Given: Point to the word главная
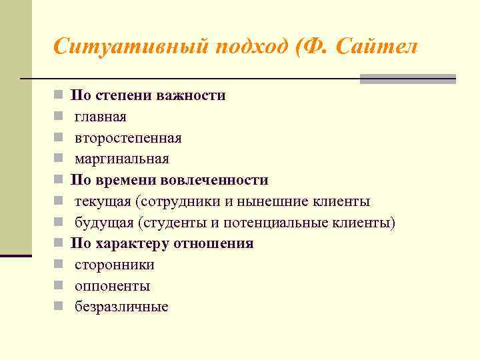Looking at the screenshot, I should pos(101,117).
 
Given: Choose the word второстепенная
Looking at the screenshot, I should pos(128,138).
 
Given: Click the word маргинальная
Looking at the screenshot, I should pos(122,159).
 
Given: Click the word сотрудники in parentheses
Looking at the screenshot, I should pos(173,201).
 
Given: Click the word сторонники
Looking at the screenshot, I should pos(115,265).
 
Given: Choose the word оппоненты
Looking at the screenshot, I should pos(112,286).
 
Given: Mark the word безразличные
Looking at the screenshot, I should pos(121,307).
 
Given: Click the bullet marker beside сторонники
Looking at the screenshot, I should pos(59,265).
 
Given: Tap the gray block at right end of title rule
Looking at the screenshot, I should pos(407,79).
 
